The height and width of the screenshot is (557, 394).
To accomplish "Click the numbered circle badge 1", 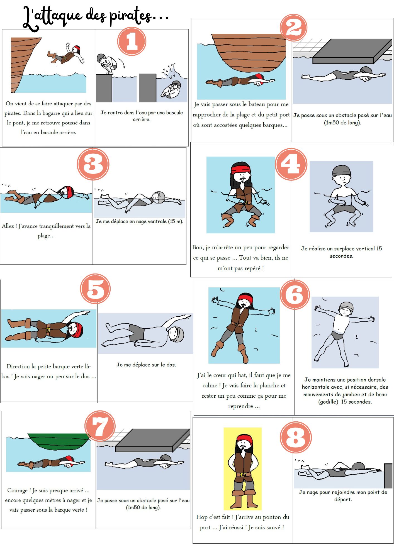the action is pyautogui.click(x=132, y=41).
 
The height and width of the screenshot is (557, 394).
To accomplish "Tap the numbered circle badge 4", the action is pyautogui.click(x=291, y=164).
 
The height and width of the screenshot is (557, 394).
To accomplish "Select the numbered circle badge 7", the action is pyautogui.click(x=100, y=426).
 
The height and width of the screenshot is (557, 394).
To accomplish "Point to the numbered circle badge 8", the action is pyautogui.click(x=296, y=437).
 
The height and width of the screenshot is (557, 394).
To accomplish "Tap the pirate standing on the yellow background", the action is pyautogui.click(x=243, y=471).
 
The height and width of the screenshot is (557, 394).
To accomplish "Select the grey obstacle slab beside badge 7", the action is pyautogui.click(x=152, y=440).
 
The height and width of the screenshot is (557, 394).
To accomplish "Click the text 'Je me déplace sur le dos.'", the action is pyautogui.click(x=146, y=365).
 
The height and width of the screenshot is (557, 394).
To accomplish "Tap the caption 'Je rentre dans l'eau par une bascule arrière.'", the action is pyautogui.click(x=142, y=116).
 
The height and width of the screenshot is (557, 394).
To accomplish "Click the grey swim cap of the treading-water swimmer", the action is pyautogui.click(x=341, y=170).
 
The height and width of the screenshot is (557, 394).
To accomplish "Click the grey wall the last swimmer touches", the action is pyautogui.click(x=388, y=476).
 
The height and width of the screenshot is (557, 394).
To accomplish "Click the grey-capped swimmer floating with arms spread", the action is pyautogui.click(x=344, y=333).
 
